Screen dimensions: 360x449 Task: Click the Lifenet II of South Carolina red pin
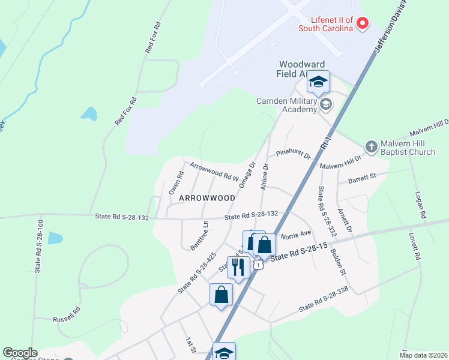[363, 23]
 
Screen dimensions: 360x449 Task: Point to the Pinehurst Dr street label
[293, 153]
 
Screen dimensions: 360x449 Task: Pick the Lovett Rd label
[414, 246]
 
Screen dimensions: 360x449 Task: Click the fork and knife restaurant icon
[238, 266]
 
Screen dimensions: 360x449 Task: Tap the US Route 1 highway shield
[258, 264]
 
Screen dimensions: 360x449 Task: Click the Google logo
[20, 353]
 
